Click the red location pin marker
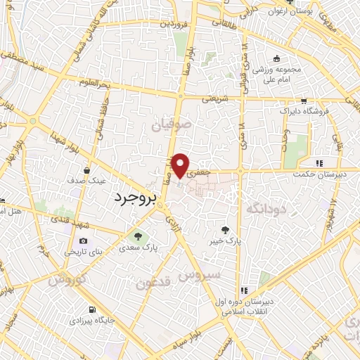point(182,165)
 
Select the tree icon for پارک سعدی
point(138,236)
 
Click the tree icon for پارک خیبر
point(225,229)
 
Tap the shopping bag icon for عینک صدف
point(86,170)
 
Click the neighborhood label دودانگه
point(265,209)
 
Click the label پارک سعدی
point(138,248)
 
